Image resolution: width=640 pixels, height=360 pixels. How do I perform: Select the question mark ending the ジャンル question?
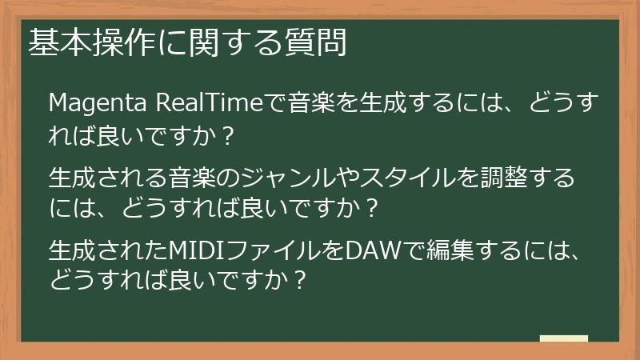tap(370, 210)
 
